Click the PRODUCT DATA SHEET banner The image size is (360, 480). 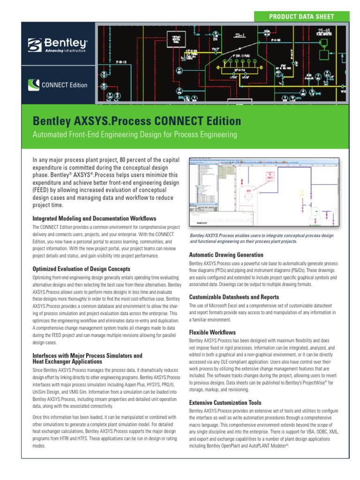(x=301, y=16)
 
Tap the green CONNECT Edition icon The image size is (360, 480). (x=34, y=85)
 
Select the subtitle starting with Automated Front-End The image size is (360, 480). (x=135, y=135)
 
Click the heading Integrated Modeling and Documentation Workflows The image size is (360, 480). (x=94, y=218)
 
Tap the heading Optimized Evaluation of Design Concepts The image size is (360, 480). (x=88, y=269)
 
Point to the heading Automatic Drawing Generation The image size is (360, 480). (x=226, y=255)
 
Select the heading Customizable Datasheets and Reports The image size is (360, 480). (x=233, y=297)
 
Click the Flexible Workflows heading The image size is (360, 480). (x=212, y=332)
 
